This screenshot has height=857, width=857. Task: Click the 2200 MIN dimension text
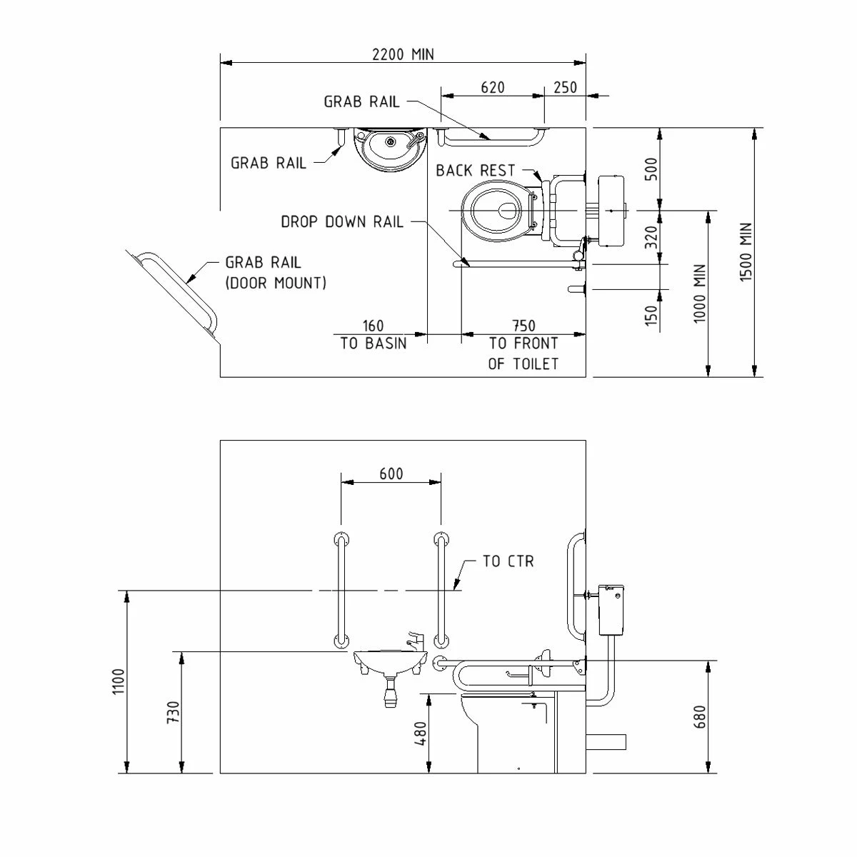402,54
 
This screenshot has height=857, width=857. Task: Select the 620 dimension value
493,87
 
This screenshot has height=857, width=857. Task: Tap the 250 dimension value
565,87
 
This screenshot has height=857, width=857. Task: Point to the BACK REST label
476,171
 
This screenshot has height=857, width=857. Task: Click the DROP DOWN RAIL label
342,221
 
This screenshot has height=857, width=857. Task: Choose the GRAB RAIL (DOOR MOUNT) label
276,273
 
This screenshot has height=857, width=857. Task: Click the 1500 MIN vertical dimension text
746,252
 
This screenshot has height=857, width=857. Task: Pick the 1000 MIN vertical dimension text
700,294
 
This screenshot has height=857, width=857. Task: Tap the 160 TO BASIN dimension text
374,335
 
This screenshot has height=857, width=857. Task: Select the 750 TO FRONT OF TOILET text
523,345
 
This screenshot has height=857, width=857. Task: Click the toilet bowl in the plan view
497,210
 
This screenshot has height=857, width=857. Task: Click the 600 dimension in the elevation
391,473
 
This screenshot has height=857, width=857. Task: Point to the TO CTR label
508,561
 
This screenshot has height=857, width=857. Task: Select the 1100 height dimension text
119,681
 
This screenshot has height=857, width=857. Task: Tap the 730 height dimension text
173,713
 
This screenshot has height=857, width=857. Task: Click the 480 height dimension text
420,733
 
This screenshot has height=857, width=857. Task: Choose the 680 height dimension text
699,717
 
